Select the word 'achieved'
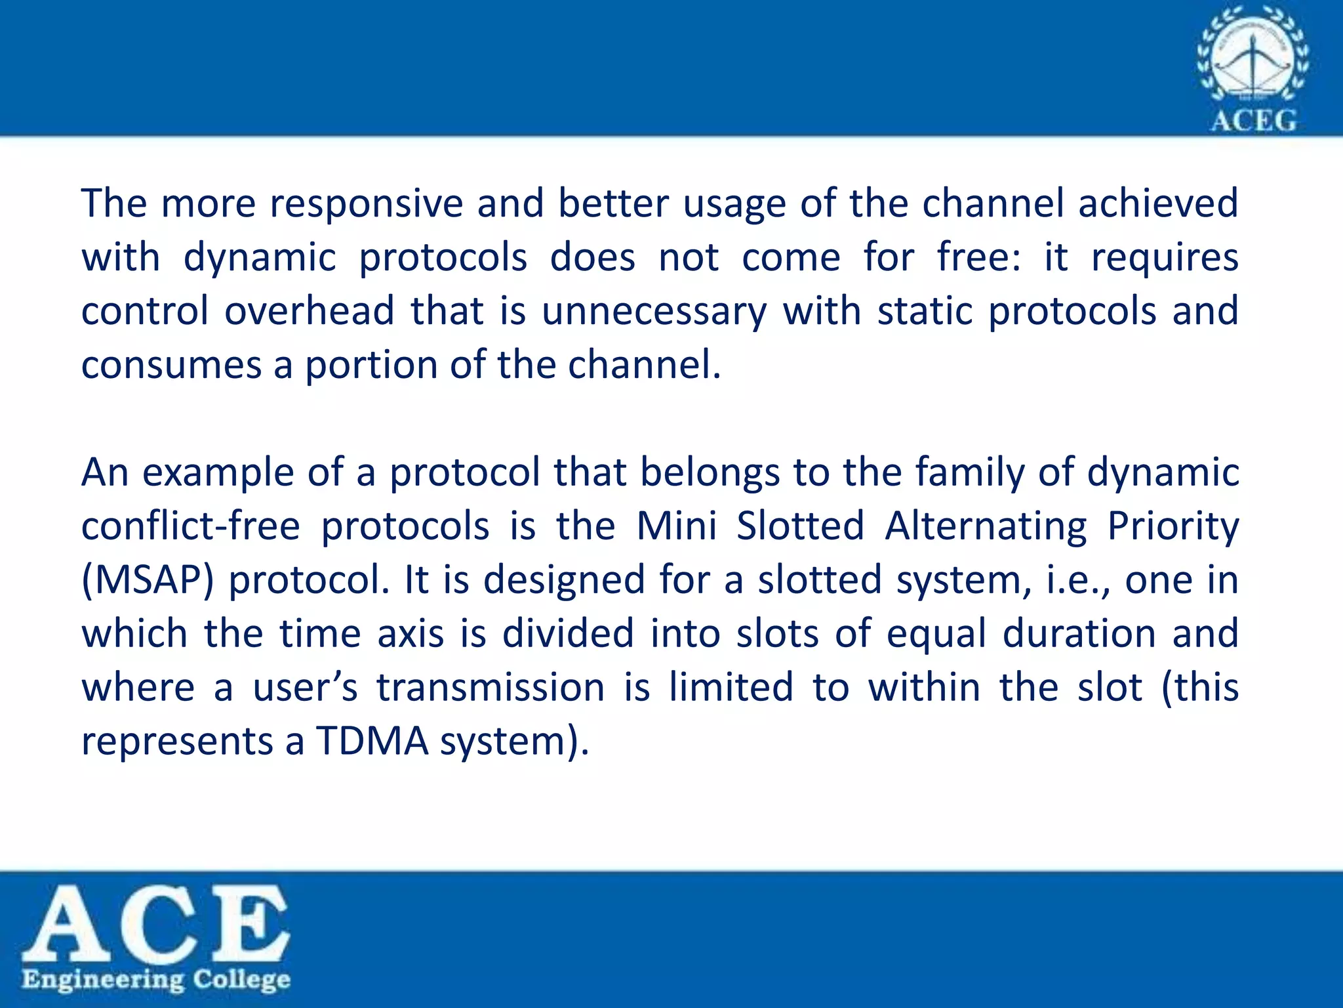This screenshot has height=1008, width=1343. (x=1158, y=203)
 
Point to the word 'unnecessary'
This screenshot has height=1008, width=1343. (x=654, y=312)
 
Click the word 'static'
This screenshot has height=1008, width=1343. (x=925, y=310)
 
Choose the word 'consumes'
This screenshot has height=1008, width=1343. (x=171, y=366)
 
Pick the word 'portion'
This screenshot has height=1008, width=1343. (x=370, y=366)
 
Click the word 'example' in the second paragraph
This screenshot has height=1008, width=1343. (x=218, y=473)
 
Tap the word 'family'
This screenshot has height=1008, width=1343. (x=969, y=473)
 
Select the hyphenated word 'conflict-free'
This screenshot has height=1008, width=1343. (x=191, y=526)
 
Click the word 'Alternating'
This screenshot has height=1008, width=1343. (x=986, y=526)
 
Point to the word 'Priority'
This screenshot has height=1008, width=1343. (x=1173, y=526)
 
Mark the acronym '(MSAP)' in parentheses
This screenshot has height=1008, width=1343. (x=148, y=581)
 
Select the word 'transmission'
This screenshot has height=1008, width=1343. (x=491, y=688)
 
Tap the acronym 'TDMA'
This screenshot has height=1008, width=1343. (x=372, y=742)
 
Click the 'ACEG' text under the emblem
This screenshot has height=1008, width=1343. (x=1253, y=121)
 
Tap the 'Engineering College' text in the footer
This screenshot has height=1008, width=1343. (x=155, y=980)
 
